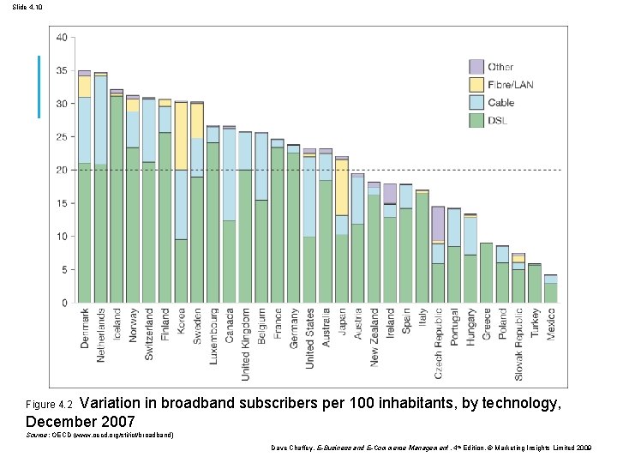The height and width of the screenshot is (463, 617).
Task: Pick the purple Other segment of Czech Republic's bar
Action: tap(438, 223)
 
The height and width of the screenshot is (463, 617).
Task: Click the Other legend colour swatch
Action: tap(476, 67)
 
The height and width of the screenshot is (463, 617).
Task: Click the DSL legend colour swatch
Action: tap(476, 119)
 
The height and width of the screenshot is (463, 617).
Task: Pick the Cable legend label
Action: tap(501, 102)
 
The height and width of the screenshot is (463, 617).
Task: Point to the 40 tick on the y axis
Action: tap(62, 37)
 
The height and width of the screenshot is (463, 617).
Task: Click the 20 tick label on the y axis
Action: tap(62, 170)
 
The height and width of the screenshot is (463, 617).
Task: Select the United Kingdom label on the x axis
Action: tap(245, 343)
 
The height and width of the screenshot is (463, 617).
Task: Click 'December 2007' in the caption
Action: tap(81, 421)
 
